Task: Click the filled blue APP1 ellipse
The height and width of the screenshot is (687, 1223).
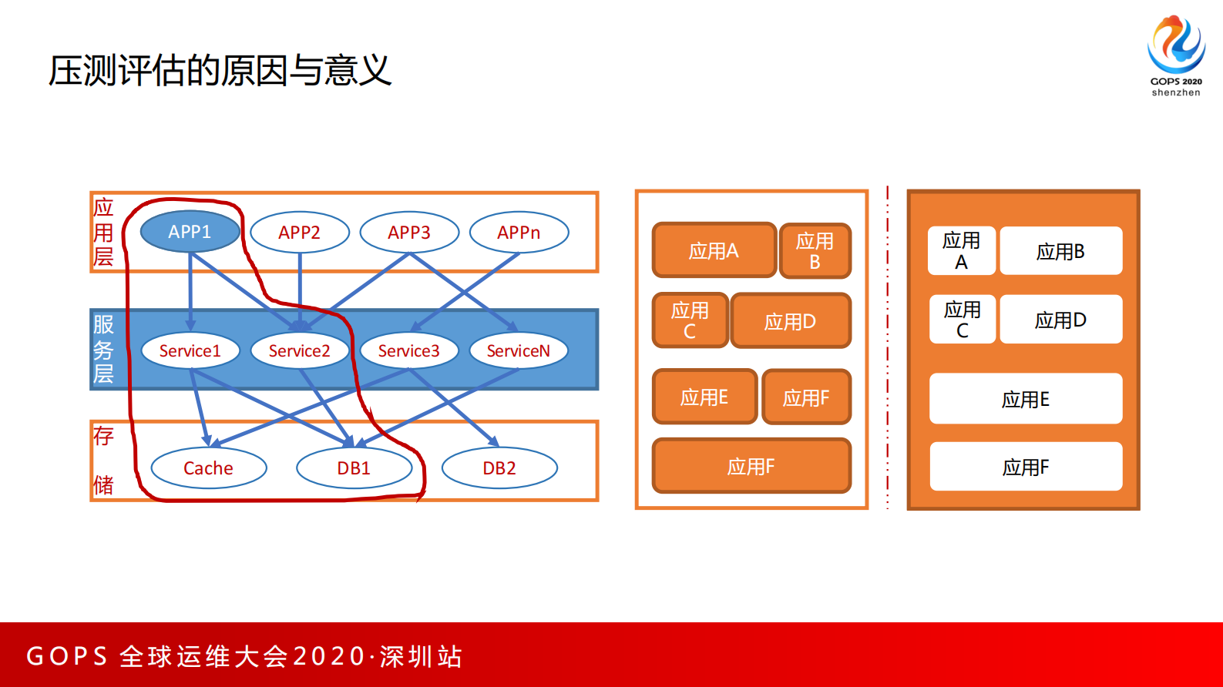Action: [190, 232]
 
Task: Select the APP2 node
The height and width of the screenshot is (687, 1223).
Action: [300, 233]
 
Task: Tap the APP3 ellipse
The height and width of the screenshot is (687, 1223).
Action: [409, 233]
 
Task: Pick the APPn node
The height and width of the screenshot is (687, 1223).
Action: [519, 233]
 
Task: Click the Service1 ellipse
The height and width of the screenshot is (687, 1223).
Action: [190, 351]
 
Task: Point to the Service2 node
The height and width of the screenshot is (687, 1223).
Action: [300, 351]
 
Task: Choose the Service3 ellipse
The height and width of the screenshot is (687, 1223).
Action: [409, 351]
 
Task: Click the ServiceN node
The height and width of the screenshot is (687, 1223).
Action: [519, 351]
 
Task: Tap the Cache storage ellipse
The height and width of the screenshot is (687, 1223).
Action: [208, 468]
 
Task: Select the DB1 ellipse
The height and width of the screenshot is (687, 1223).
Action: [354, 468]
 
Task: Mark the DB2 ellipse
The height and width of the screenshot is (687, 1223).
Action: [499, 468]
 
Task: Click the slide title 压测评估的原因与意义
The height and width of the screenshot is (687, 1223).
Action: [220, 71]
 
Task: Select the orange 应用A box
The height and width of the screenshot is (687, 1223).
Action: [714, 250]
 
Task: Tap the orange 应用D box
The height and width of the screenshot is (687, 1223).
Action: [790, 321]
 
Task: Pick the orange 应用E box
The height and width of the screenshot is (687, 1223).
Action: [704, 397]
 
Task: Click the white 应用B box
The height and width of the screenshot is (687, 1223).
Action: [1060, 251]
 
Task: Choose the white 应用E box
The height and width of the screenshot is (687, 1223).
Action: [1026, 399]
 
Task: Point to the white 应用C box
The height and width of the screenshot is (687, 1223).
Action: [962, 320]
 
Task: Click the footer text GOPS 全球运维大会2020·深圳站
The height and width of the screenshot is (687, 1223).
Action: [244, 656]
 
